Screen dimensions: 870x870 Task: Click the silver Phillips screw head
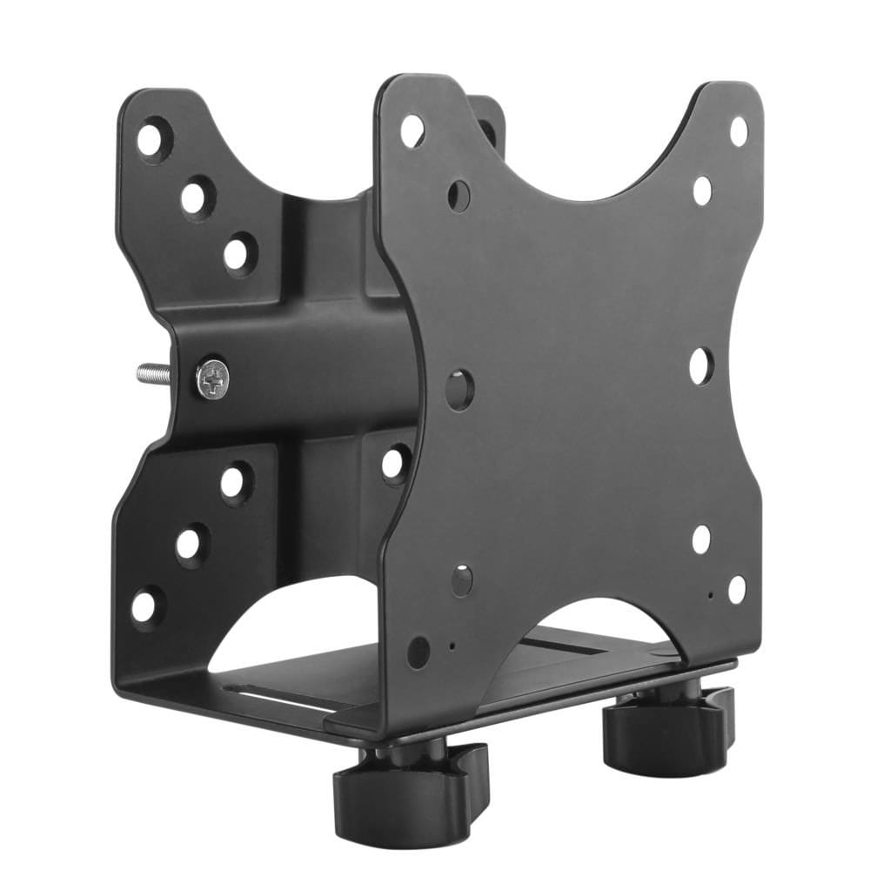(x=212, y=378)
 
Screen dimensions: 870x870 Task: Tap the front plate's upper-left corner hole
(x=412, y=130)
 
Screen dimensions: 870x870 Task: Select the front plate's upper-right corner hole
(x=738, y=130)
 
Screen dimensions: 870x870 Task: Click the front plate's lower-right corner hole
(x=736, y=589)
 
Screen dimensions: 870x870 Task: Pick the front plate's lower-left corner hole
(x=418, y=650)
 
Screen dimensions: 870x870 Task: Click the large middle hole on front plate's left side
(x=460, y=389)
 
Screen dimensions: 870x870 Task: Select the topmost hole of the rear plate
(x=153, y=139)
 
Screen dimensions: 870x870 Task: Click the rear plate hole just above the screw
(x=239, y=253)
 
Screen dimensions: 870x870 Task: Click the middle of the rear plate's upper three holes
(x=197, y=197)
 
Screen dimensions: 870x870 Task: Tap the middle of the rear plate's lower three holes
(x=191, y=544)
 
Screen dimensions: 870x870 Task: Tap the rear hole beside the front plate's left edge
(x=395, y=462)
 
